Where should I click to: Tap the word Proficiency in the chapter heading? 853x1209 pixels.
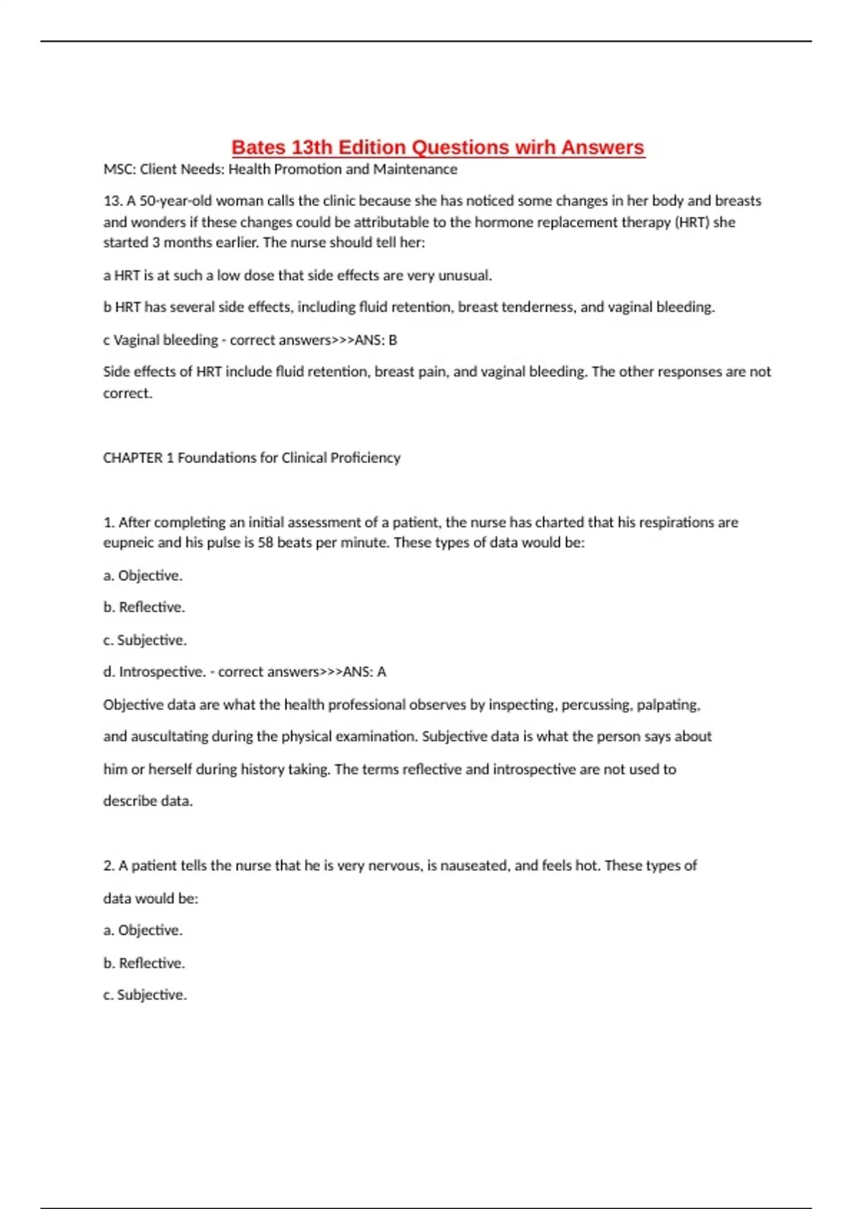(x=365, y=458)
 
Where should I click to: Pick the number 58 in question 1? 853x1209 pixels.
(x=265, y=543)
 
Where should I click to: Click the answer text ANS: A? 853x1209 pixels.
(x=365, y=672)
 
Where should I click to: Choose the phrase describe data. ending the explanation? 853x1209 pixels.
(x=148, y=801)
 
